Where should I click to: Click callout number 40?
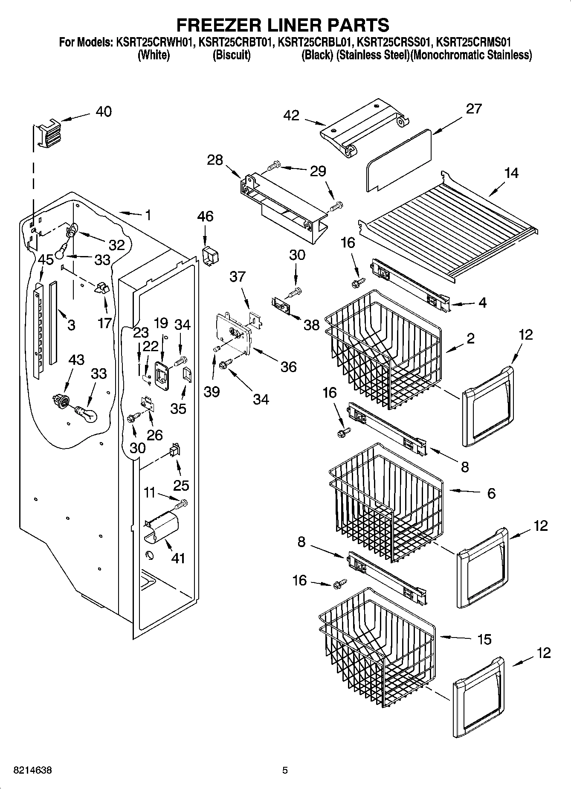coord(104,112)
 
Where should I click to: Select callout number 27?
coord(473,109)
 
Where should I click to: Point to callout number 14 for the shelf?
coord(511,173)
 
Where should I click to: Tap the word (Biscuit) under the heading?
coord(231,55)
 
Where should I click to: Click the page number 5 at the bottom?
coord(285,771)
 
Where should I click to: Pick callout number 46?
coord(205,216)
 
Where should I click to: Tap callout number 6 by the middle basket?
coord(491,494)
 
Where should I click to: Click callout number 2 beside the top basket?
coord(470,338)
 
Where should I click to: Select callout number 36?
coord(288,367)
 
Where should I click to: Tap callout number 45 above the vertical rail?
coord(46,260)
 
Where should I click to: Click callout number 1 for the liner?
coord(148,215)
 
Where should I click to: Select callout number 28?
coord(215,160)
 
